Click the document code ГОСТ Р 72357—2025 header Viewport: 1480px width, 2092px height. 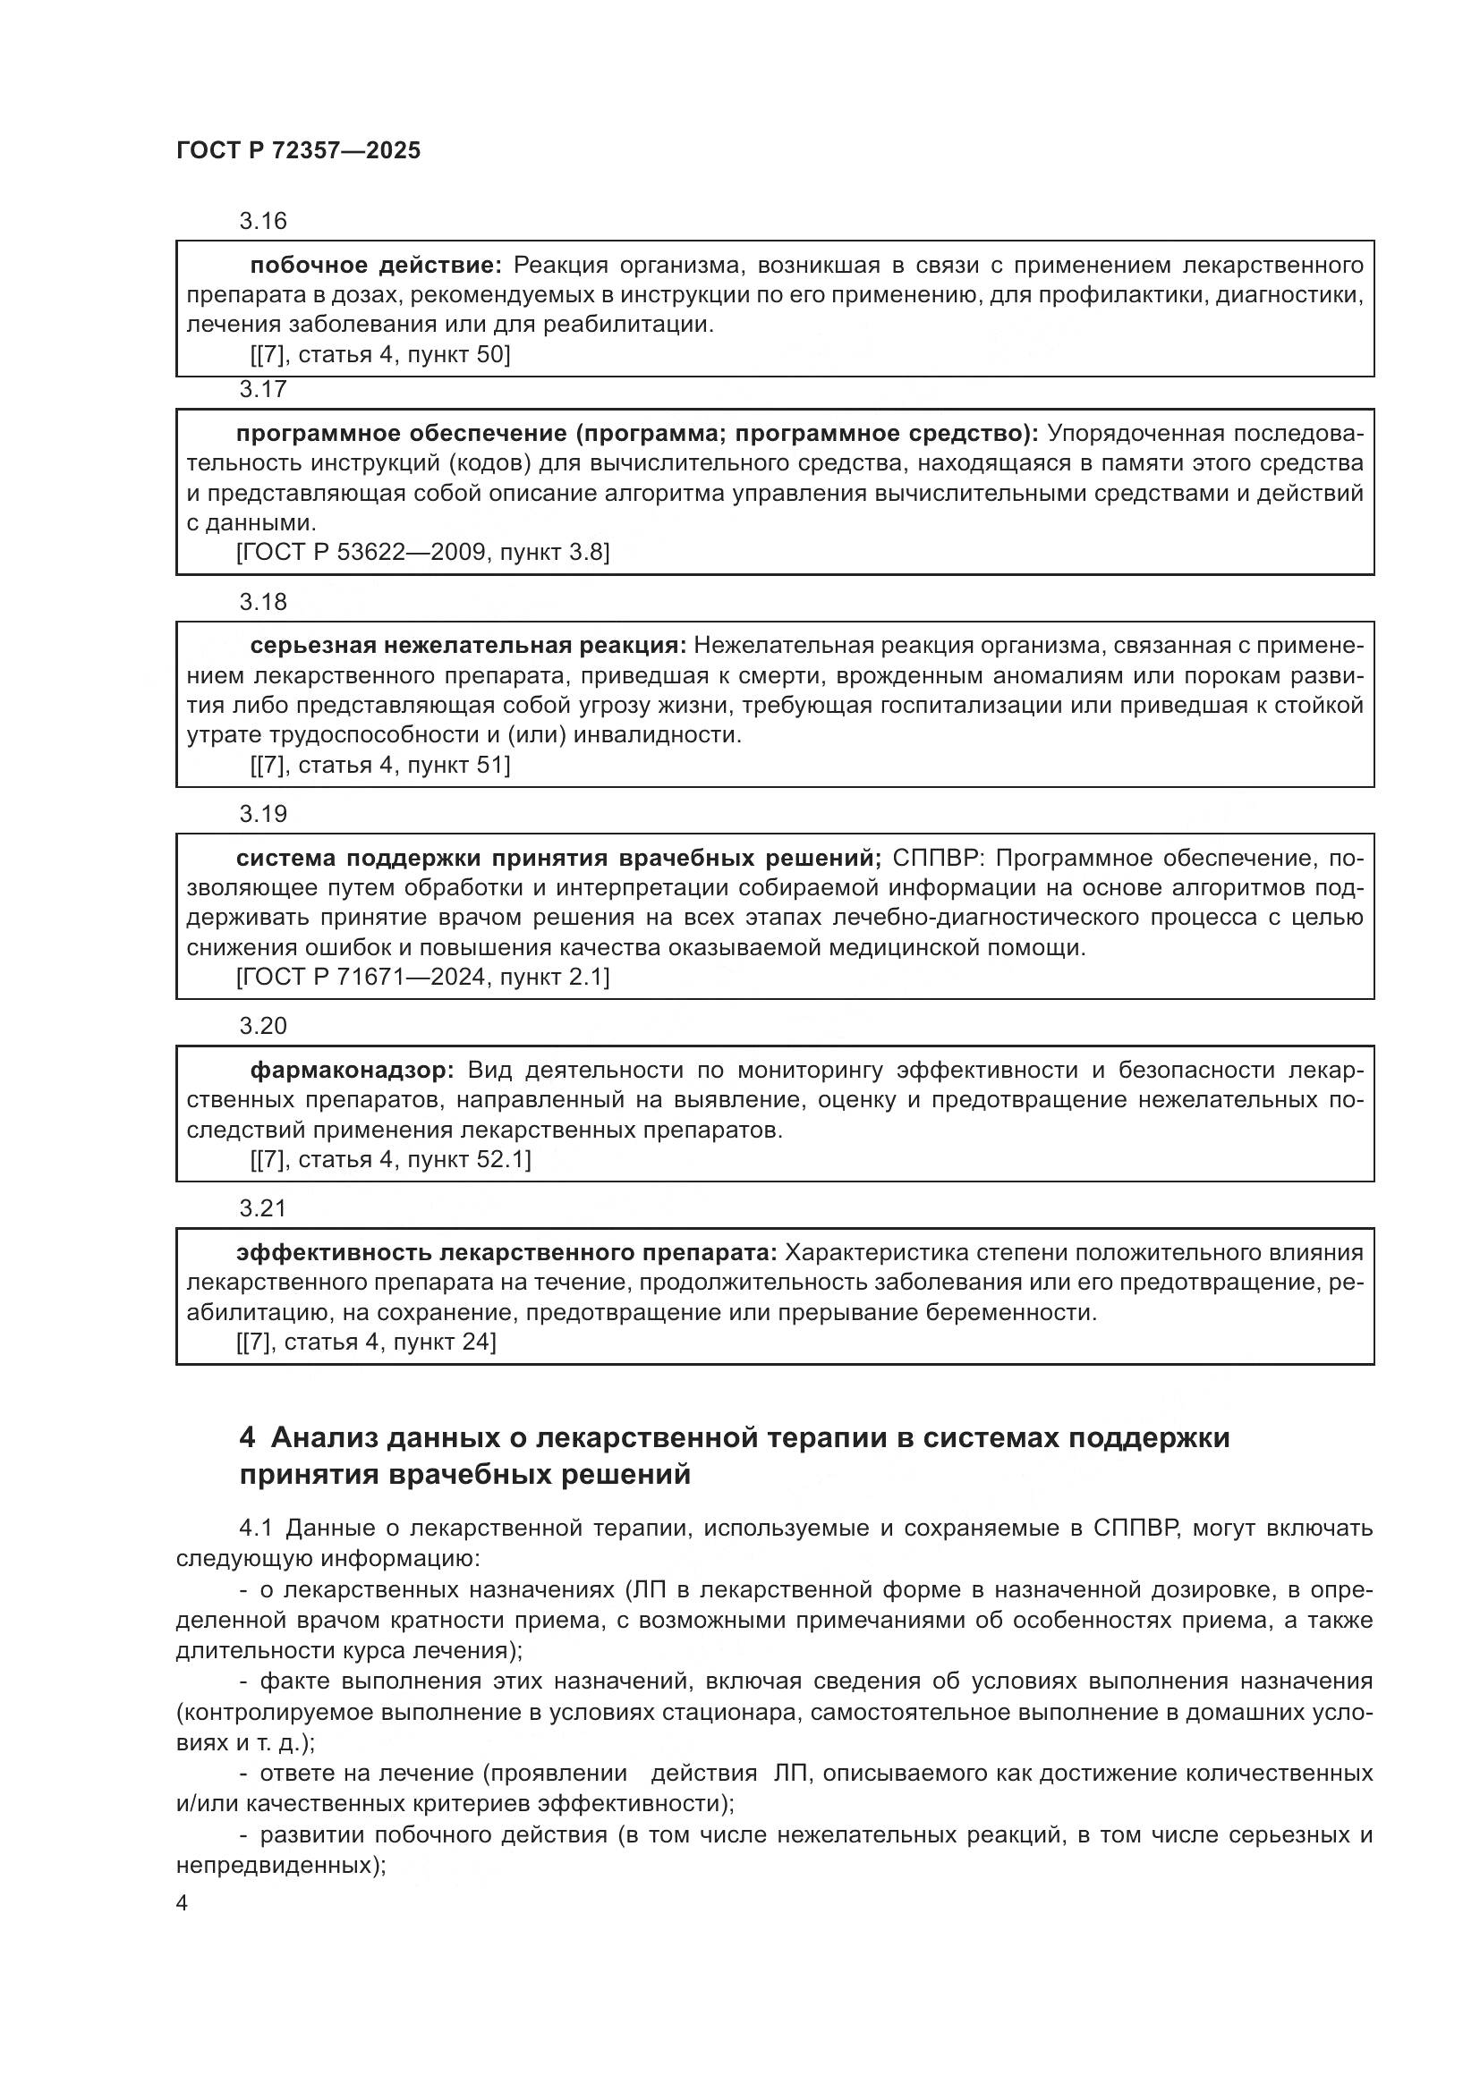(x=298, y=150)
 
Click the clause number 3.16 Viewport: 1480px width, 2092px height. (x=262, y=222)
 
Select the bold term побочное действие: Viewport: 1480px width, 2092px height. (x=376, y=265)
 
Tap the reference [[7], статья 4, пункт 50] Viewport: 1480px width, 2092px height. (x=380, y=354)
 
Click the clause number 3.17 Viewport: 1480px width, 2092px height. (x=262, y=390)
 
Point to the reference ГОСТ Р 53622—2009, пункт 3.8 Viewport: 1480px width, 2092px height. (x=423, y=552)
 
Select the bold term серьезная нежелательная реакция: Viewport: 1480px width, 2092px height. (x=467, y=646)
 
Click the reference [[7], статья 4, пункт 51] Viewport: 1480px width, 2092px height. (x=380, y=766)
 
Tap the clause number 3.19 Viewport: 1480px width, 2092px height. (x=262, y=815)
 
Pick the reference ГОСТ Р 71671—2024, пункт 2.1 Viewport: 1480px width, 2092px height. (x=423, y=978)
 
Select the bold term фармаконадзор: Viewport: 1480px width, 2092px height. (x=352, y=1070)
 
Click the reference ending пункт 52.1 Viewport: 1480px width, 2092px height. (x=390, y=1160)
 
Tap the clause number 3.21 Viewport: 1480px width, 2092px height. (x=262, y=1209)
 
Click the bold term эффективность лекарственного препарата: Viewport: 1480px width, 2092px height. (x=506, y=1253)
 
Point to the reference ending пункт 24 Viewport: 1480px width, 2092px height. (x=366, y=1342)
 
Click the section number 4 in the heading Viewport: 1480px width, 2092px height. (x=247, y=1438)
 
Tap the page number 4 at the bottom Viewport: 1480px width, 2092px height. (x=183, y=1903)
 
